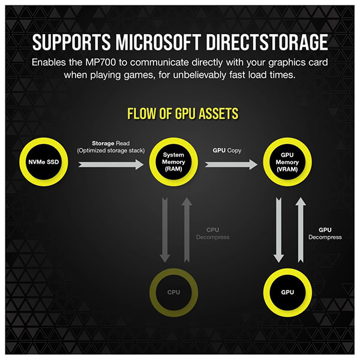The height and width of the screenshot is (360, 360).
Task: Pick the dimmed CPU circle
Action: point(174,293)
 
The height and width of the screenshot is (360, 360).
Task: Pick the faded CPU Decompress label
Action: point(214,233)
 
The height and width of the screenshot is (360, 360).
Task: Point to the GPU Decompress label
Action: point(325,233)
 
